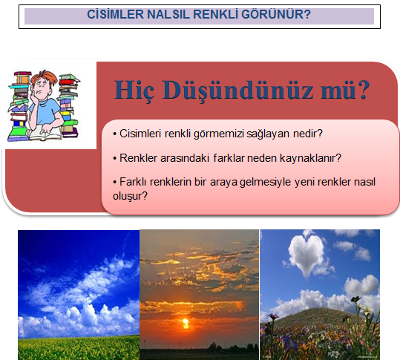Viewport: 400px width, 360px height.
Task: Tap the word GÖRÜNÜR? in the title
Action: tap(276, 14)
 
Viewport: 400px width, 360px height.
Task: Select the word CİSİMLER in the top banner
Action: tap(115, 14)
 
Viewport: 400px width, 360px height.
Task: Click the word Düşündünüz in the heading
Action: tap(237, 91)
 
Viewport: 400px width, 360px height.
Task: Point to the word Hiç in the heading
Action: tap(134, 91)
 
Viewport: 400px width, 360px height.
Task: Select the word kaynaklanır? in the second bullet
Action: tap(310, 158)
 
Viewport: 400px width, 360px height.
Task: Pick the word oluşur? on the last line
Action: tap(130, 196)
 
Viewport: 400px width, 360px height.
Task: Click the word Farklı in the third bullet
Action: tap(133, 182)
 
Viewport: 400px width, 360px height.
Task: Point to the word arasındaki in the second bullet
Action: tap(185, 158)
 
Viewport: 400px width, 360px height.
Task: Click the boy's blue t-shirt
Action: tap(46, 110)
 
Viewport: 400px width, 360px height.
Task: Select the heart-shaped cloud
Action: tap(307, 255)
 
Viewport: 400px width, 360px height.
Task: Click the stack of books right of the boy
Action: tap(68, 105)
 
